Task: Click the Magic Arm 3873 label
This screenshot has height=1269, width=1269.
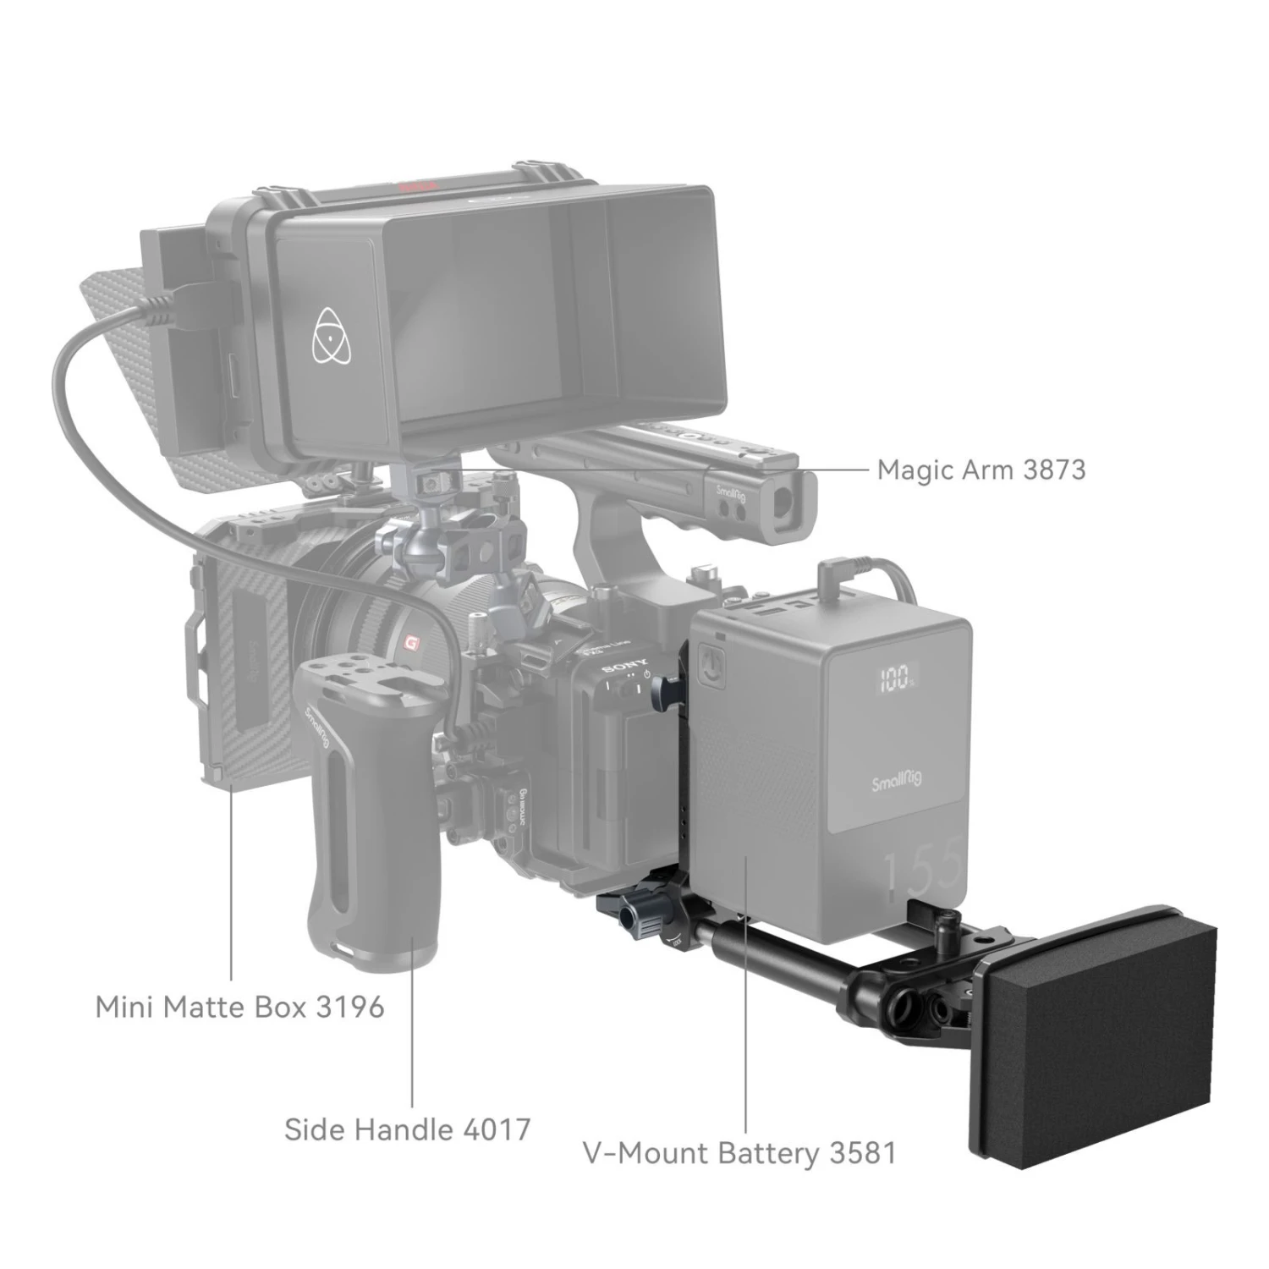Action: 981,469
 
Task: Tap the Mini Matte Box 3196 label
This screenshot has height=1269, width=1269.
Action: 239,1007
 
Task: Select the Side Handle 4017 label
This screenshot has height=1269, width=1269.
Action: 407,1129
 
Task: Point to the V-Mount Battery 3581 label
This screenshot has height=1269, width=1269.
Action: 739,1153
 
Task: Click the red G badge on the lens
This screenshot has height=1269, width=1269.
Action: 413,642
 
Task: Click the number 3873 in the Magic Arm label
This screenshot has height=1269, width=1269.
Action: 1052,469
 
